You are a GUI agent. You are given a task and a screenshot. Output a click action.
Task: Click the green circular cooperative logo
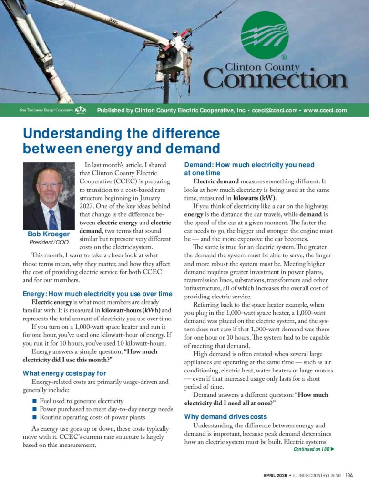pos(265,35)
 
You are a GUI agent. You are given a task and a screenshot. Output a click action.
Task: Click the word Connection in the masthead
pos(276,78)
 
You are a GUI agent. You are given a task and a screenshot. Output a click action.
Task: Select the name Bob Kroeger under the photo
pos(48,234)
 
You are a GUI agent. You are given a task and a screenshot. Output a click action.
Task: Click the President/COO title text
pos(48,242)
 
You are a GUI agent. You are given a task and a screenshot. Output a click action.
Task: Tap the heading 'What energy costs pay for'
pos(64,373)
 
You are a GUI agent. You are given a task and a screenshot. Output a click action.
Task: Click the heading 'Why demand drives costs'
pos(225,417)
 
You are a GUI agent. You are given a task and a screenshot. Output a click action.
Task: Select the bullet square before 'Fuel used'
pos(34,401)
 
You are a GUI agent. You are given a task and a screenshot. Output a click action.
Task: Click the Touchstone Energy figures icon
pos(81,110)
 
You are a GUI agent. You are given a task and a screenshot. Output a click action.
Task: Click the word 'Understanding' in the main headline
pos(73,133)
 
